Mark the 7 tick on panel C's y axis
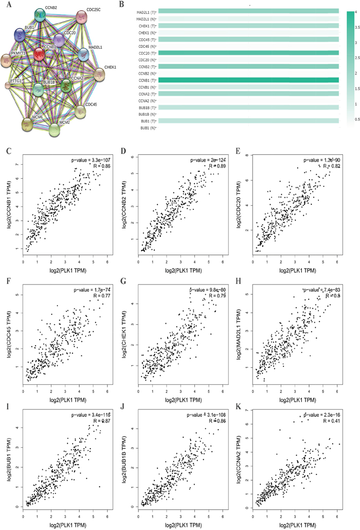[15, 164]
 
